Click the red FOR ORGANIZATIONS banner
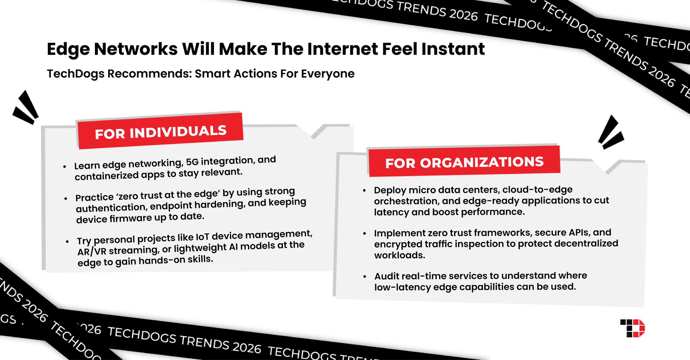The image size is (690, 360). pyautogui.click(x=464, y=162)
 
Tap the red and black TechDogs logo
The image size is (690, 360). pyautogui.click(x=632, y=328)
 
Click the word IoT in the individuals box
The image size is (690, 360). pyautogui.click(x=202, y=237)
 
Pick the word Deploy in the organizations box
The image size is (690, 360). pyautogui.click(x=389, y=190)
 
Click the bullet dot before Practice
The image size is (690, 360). pyautogui.click(x=66, y=198)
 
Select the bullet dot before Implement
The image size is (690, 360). pyautogui.click(x=364, y=233)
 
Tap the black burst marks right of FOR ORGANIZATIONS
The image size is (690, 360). pyautogui.click(x=611, y=133)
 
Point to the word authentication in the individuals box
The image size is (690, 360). pyautogui.click(x=111, y=208)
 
